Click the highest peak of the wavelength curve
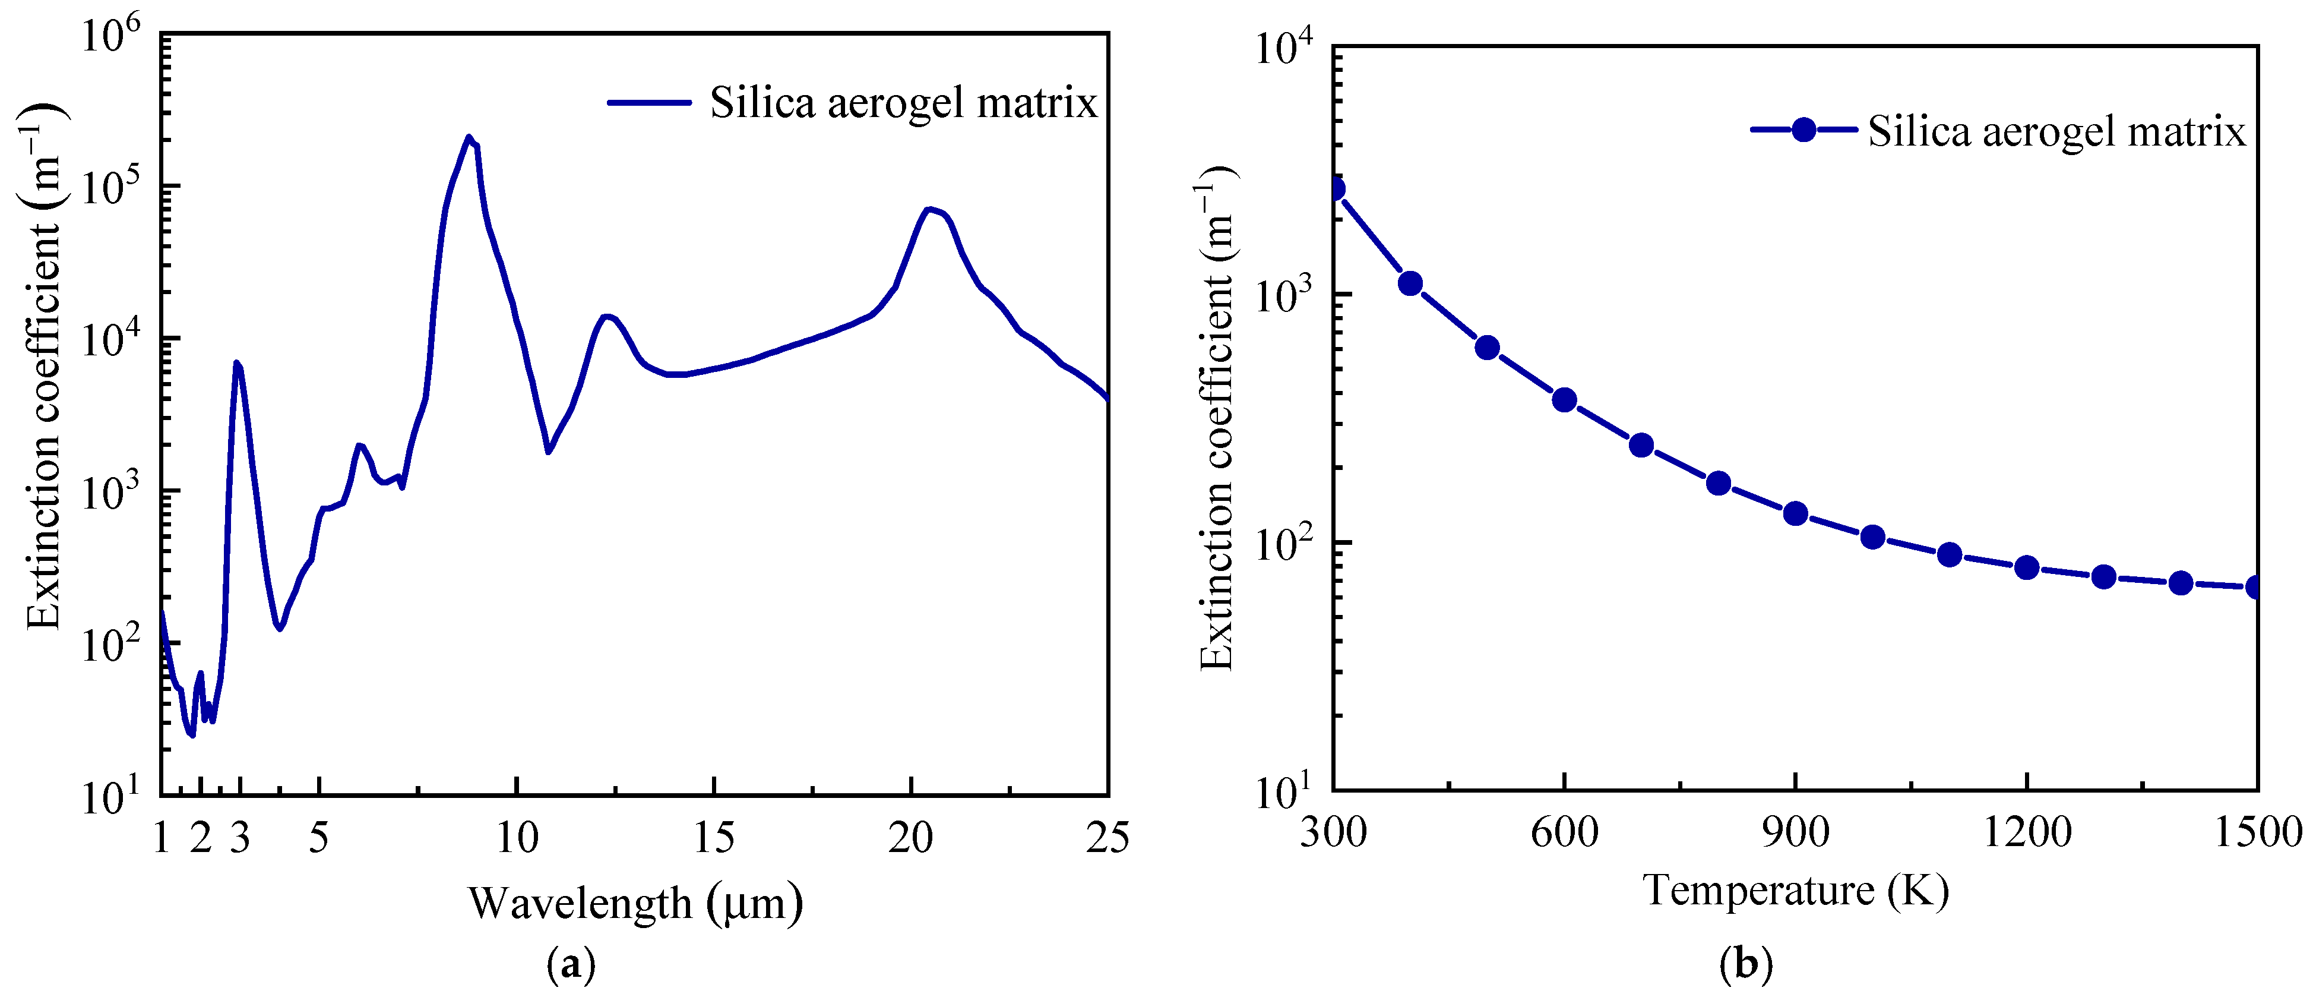point(468,137)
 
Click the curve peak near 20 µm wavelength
point(929,209)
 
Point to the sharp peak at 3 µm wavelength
point(237,363)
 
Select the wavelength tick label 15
point(714,837)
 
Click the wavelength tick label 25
point(1107,837)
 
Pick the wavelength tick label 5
point(319,837)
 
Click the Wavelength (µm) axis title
point(635,903)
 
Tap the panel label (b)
point(1745,966)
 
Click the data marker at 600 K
point(1564,400)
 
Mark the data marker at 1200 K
point(2027,567)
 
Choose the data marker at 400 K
point(1410,284)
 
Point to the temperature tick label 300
point(1333,832)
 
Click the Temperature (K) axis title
point(1796,890)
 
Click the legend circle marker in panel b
point(1804,130)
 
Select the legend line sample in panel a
point(648,102)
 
